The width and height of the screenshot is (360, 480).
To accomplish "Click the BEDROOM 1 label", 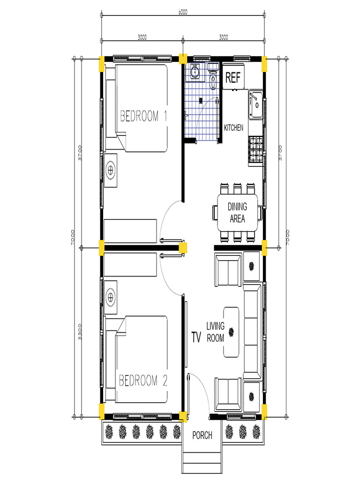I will (143, 116).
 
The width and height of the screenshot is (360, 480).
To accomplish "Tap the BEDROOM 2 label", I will (143, 380).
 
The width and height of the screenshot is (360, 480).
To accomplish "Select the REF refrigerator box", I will (233, 78).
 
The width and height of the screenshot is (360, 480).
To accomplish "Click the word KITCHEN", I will (233, 127).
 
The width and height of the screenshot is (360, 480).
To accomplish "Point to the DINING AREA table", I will (237, 212).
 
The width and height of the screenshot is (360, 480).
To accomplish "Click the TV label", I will (196, 337).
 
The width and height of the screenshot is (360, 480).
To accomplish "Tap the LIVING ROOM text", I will (216, 332).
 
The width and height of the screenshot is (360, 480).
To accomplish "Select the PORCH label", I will (202, 435).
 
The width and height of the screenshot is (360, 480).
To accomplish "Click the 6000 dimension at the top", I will (183, 13).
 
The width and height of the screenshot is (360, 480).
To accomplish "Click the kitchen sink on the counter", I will (255, 105).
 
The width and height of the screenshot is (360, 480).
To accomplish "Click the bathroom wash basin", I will (194, 72).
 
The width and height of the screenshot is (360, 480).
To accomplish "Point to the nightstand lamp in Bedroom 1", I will (111, 170).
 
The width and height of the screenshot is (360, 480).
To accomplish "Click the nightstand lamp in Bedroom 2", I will (111, 297).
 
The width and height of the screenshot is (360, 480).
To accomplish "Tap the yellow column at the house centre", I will (183, 247).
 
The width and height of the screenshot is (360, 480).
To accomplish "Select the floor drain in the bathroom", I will (201, 100).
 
